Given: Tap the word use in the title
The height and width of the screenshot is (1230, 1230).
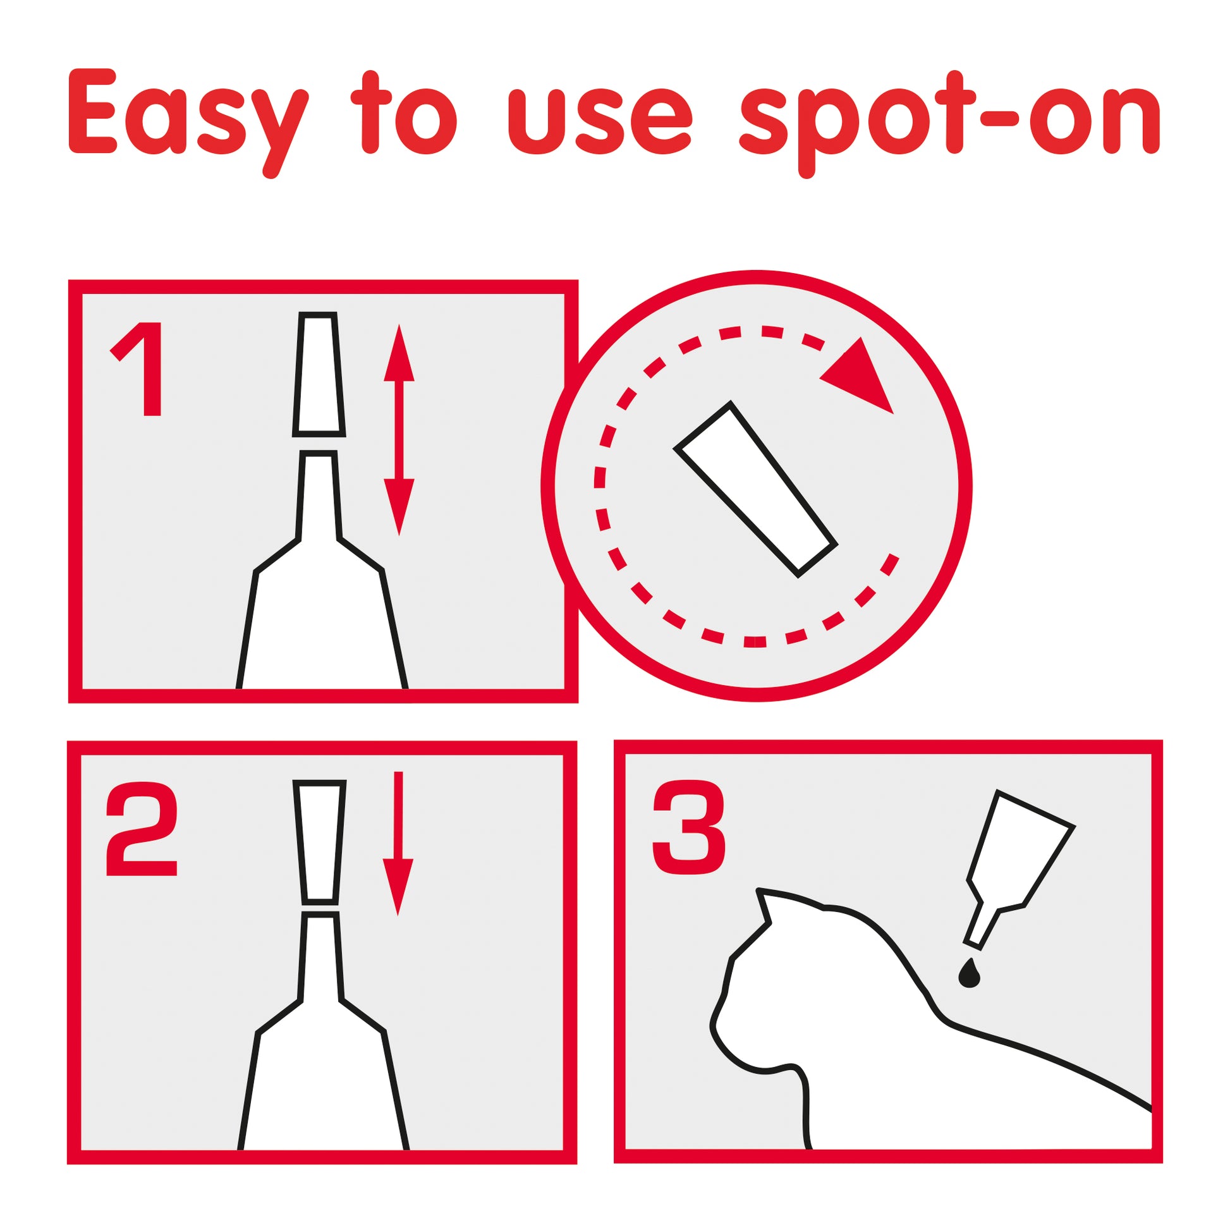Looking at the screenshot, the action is point(599,121).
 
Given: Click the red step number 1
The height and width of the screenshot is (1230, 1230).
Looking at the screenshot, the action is point(137,369).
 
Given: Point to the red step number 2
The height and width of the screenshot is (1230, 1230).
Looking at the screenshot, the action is point(142,829).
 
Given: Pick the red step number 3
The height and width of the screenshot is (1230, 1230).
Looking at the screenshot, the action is point(689,828).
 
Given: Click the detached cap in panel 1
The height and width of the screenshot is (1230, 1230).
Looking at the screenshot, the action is point(319,374).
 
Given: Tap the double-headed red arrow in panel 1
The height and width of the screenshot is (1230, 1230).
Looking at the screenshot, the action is point(399,430).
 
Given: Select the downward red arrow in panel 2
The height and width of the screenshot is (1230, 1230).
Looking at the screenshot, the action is point(398,844).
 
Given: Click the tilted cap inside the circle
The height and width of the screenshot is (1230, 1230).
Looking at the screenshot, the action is point(756,490).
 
